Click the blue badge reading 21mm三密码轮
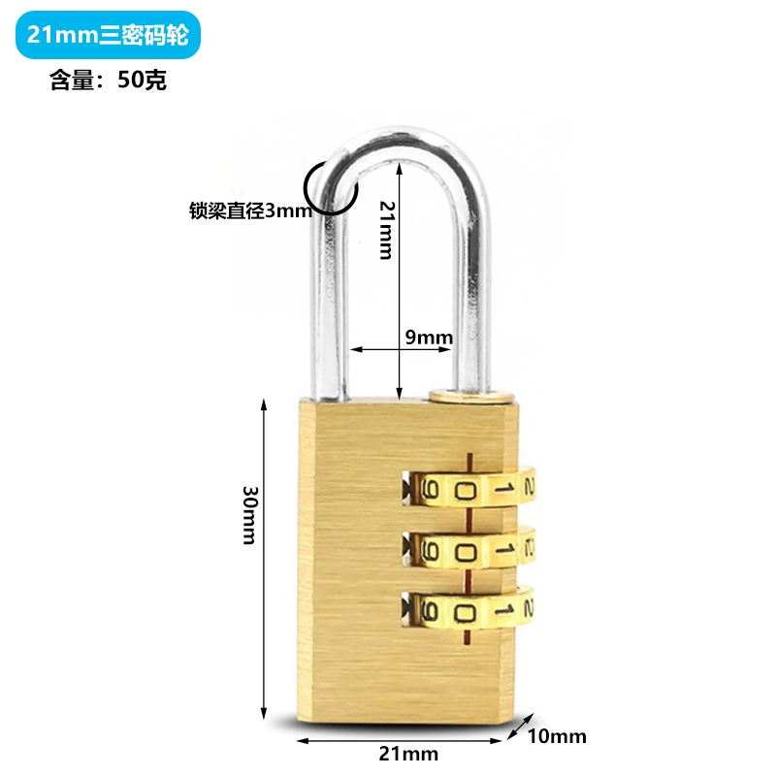pos(108,35)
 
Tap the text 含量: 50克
pos(108,80)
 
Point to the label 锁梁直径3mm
pos(250,210)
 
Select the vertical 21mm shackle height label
pos(386,230)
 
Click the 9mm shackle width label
pos(429,338)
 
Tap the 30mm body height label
pos(250,515)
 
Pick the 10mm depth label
pos(557,736)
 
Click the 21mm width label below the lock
pos(408,754)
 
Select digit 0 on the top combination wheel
pos(466,491)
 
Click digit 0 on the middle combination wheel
pos(466,551)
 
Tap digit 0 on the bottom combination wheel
pos(466,614)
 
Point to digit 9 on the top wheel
pos(429,491)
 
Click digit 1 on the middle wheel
pos(503,549)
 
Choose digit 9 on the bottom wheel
pos(429,612)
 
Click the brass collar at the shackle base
pos(471,396)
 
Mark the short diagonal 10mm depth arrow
pos(521,726)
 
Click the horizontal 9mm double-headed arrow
pos(401,349)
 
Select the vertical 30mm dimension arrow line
pos(264,559)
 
